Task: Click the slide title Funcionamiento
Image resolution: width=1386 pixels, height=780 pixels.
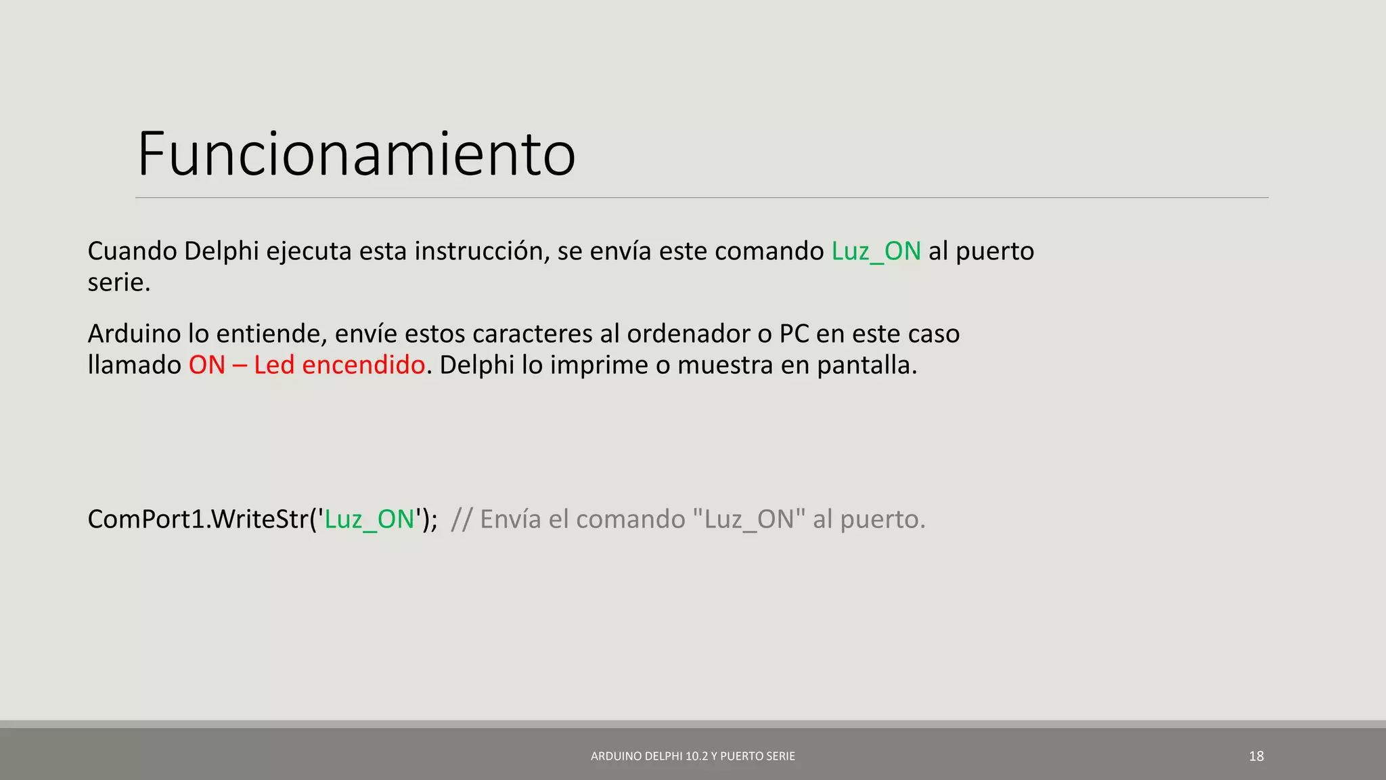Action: [x=357, y=154]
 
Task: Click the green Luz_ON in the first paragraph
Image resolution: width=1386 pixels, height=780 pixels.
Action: [x=876, y=251]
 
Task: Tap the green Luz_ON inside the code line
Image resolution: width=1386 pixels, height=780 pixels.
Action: [x=370, y=519]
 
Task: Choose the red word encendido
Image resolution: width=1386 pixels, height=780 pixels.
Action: [x=363, y=365]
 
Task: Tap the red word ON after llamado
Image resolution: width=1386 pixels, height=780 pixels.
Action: [x=206, y=365]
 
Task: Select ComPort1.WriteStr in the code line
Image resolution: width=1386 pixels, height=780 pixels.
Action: [x=198, y=519]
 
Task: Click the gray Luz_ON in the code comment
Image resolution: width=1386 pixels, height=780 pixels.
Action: [x=749, y=519]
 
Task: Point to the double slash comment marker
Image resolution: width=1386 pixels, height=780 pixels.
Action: [x=461, y=519]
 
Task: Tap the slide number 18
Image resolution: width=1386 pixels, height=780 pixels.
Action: [x=1256, y=756]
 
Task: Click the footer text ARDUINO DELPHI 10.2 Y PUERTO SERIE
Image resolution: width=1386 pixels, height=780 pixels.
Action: [x=693, y=756]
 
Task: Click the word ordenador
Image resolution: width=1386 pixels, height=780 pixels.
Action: [x=688, y=334]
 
